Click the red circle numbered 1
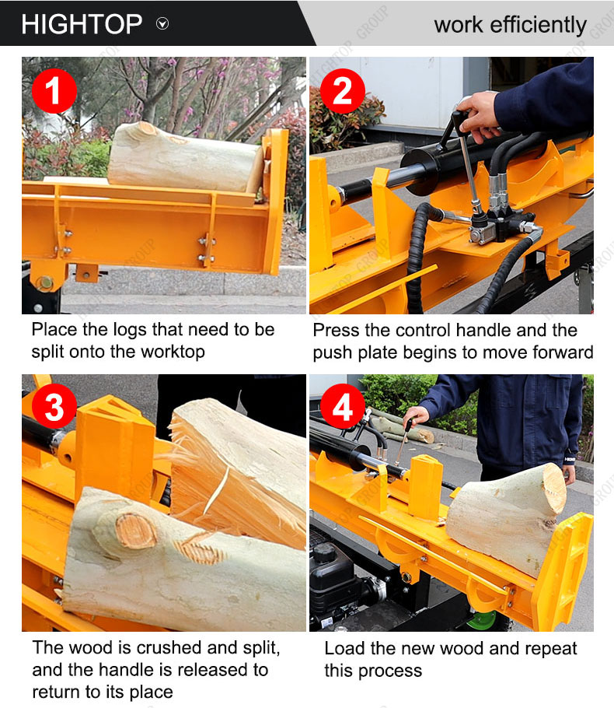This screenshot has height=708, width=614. coord(54,91)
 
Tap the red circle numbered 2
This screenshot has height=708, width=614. coord(343,91)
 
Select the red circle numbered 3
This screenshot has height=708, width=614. coord(54,406)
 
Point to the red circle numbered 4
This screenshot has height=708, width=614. coord(343,406)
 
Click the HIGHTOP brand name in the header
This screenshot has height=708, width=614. coord(82,24)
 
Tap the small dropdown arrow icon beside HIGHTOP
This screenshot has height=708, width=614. coord(162,23)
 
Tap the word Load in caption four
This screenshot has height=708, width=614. coord(344,648)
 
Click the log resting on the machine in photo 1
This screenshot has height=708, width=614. coord(185,158)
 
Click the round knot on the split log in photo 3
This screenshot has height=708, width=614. coord(136,531)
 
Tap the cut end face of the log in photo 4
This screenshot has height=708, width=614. coord(554,488)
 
